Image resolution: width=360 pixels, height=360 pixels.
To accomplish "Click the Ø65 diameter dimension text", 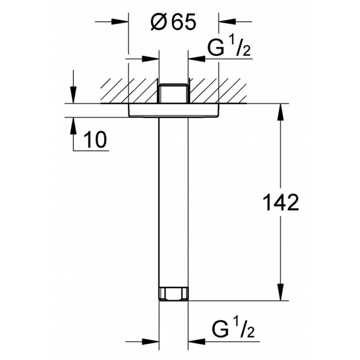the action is pyautogui.click(x=173, y=22).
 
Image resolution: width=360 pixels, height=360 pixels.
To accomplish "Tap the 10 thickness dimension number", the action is pyautogui.click(x=95, y=139).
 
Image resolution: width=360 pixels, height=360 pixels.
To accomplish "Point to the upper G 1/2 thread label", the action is pyautogui.click(x=229, y=47).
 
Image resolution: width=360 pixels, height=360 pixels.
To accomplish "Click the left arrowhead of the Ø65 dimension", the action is pyautogui.click(x=120, y=22).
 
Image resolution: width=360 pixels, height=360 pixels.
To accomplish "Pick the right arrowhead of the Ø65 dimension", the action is pyautogui.click(x=227, y=22).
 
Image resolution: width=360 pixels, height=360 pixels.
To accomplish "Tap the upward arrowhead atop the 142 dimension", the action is pyautogui.click(x=280, y=112).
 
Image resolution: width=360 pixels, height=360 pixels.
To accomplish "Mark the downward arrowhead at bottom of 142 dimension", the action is pyautogui.click(x=280, y=292).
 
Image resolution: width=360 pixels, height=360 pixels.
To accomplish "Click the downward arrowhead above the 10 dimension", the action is pyautogui.click(x=73, y=95).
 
